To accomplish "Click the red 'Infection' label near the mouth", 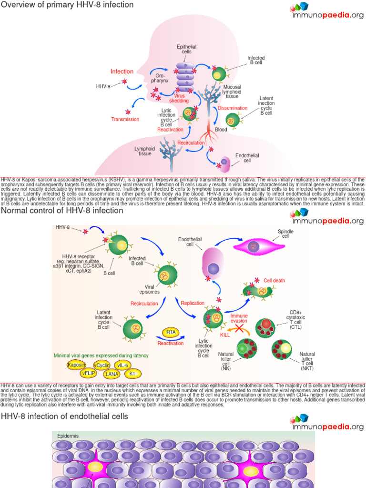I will [122, 71].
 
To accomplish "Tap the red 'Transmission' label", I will [125, 119].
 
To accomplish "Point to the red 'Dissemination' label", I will [233, 108].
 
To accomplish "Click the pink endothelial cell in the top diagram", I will [224, 163].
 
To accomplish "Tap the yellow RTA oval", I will [170, 332].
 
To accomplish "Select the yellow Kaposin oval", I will [77, 365].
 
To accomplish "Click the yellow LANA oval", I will [112, 374].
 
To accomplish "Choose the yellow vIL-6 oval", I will [124, 366].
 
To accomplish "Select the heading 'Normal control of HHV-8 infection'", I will [62, 210].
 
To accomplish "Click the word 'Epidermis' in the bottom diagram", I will [68, 436].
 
